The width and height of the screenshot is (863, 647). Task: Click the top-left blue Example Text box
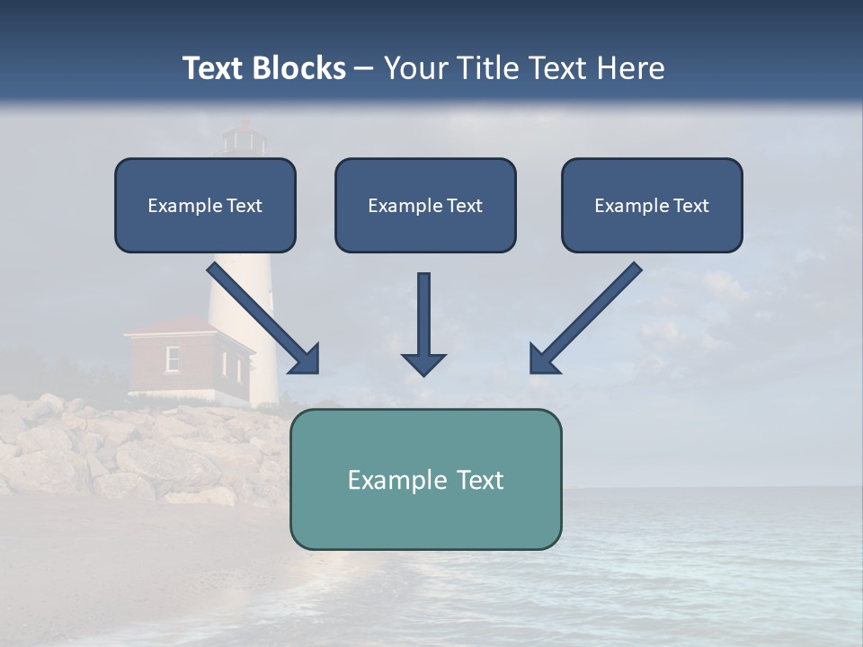click(205, 205)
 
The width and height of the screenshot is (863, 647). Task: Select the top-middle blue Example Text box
click(425, 205)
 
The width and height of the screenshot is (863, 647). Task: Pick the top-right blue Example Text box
click(652, 205)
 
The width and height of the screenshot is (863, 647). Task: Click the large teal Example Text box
click(425, 479)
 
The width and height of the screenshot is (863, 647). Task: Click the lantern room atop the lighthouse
click(244, 139)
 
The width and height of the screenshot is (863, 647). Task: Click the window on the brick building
click(173, 359)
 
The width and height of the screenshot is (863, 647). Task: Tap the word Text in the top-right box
click(690, 206)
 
